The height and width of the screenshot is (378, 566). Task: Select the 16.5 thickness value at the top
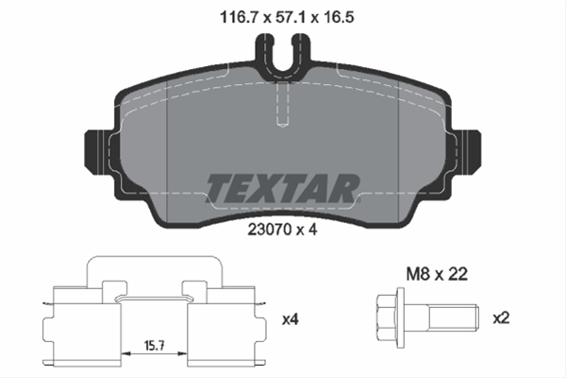click(x=339, y=17)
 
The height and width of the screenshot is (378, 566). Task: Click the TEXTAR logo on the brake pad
click(x=282, y=188)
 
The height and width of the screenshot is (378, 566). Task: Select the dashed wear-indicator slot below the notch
click(x=282, y=104)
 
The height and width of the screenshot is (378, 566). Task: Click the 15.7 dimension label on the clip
click(x=155, y=346)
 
